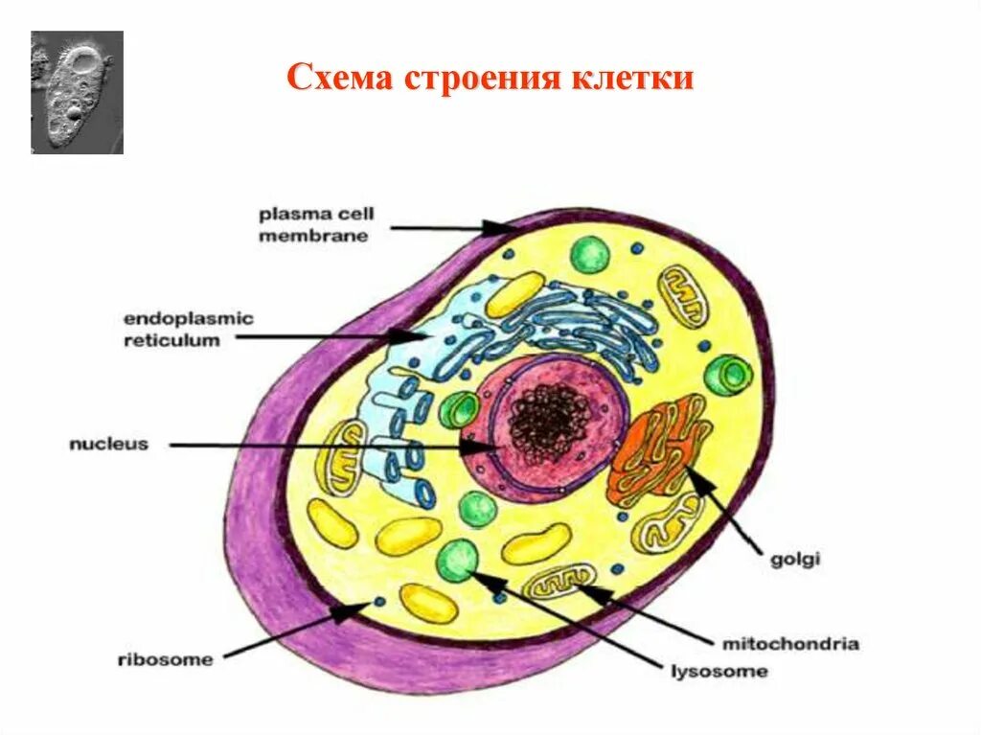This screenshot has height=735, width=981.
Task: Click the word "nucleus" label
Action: [x=108, y=444]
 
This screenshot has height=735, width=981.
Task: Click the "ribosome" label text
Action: [x=165, y=658]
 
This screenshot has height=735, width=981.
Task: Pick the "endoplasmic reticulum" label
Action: [x=188, y=330]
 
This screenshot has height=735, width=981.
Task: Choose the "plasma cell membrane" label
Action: [x=313, y=225]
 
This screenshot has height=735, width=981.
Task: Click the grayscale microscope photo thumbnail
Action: [x=77, y=92]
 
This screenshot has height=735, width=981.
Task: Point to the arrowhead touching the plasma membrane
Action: [x=500, y=227]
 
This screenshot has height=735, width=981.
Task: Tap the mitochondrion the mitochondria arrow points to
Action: [x=562, y=582]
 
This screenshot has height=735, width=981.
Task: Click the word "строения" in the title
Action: [x=478, y=79]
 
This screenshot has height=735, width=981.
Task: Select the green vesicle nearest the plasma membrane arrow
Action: [x=589, y=255]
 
